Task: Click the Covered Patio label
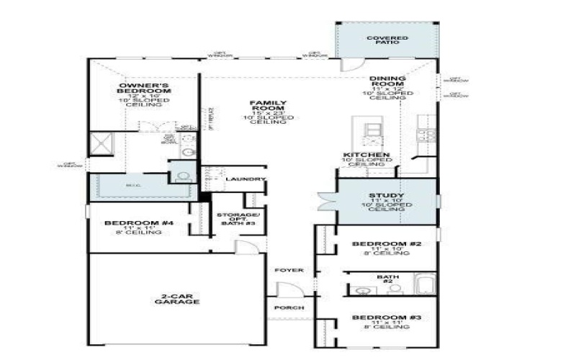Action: [387, 40]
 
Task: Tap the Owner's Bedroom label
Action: [145, 88]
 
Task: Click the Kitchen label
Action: [366, 156]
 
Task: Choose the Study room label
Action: [387, 195]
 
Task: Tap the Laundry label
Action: [246, 179]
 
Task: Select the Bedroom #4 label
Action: [140, 223]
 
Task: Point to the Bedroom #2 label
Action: [386, 245]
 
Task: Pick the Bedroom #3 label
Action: [386, 318]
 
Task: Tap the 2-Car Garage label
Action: [176, 300]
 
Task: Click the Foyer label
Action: [289, 270]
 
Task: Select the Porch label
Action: [289, 308]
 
